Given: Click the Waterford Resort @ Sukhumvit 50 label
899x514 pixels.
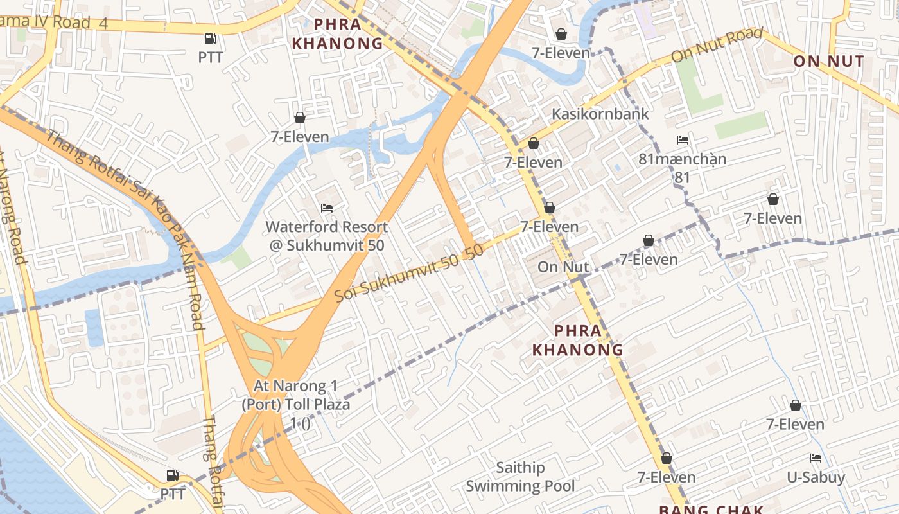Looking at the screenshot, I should (327, 236).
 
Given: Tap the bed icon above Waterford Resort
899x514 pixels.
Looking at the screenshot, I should (327, 208).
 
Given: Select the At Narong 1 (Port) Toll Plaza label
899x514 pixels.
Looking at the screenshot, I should (296, 395).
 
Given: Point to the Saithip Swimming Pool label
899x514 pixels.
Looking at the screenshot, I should (520, 477).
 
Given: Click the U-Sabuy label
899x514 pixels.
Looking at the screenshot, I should (816, 477).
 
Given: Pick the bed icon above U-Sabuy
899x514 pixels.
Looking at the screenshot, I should (816, 458).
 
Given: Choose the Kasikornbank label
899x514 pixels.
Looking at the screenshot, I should (600, 114).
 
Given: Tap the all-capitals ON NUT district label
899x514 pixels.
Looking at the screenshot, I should (829, 62).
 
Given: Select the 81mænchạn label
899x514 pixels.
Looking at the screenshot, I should (683, 159).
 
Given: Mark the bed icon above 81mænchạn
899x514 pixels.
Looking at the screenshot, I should (683, 140).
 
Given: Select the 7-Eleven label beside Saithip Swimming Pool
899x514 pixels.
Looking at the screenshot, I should (667, 477).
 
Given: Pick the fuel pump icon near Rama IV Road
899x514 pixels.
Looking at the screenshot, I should (210, 39).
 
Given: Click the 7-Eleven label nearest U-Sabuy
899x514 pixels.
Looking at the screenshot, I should (795, 424).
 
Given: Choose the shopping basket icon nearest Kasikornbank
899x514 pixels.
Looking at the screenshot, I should (534, 143).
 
